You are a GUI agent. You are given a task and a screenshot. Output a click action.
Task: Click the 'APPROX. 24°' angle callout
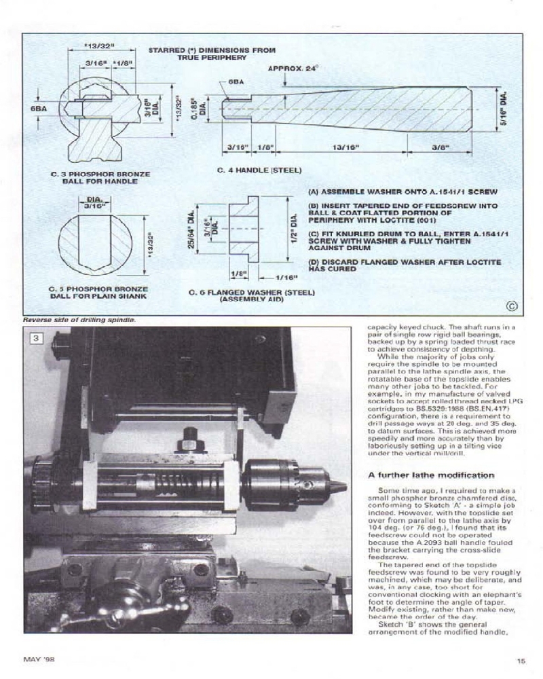[293, 69]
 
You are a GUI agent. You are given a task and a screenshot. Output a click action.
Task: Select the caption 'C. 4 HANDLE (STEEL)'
[259, 170]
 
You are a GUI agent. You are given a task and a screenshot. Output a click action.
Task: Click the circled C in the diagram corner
[512, 306]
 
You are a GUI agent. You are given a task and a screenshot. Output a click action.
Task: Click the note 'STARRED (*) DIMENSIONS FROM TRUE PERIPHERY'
[211, 54]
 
